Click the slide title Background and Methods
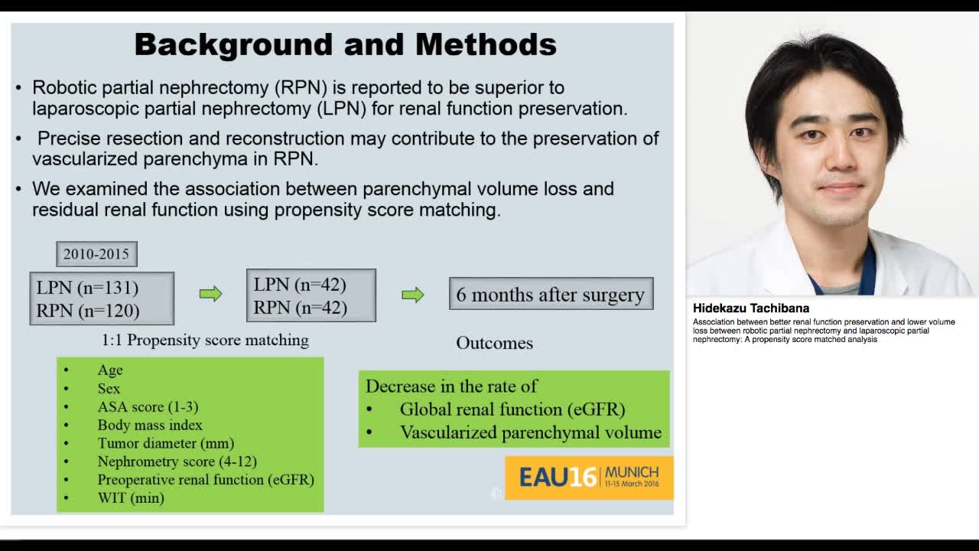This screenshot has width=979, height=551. click(x=345, y=44)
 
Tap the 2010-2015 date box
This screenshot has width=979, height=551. click(x=96, y=254)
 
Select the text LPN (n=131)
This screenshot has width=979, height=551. click(x=87, y=288)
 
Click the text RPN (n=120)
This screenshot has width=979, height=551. click(x=87, y=310)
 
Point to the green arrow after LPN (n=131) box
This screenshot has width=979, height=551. click(x=210, y=294)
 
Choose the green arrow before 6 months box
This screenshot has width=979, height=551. click(x=413, y=295)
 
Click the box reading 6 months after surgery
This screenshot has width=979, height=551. click(x=551, y=295)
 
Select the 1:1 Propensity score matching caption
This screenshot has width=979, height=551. click(x=205, y=340)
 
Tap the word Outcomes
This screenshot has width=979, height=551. click(x=494, y=343)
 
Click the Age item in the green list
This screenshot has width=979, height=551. click(x=110, y=370)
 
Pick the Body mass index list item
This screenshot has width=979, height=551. click(x=150, y=425)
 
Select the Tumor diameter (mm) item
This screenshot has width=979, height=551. click(x=165, y=443)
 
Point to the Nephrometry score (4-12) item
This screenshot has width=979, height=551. click(x=177, y=461)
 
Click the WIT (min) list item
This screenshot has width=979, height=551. click(x=131, y=498)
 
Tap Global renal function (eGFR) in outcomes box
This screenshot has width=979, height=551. click(x=512, y=409)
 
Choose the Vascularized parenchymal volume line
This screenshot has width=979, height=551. click(x=530, y=432)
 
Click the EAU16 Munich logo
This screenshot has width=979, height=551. click(x=589, y=478)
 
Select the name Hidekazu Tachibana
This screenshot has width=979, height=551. click(x=751, y=308)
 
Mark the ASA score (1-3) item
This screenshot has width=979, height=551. click(x=148, y=406)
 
